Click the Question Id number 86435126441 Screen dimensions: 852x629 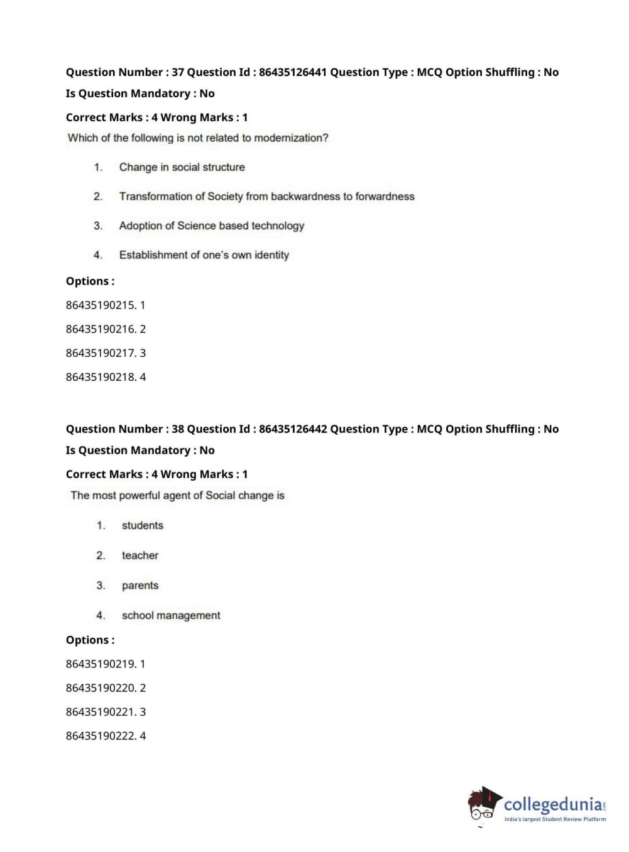[x=292, y=72]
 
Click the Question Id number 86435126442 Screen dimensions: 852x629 [x=292, y=429]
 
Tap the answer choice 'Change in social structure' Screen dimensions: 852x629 [x=182, y=167]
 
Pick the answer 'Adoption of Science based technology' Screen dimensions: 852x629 [x=211, y=226]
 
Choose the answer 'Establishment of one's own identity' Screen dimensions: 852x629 [x=204, y=255]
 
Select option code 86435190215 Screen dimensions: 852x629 [x=101, y=305]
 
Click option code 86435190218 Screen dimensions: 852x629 [x=101, y=377]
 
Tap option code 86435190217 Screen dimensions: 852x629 [x=101, y=353]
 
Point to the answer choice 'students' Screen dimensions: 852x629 [x=142, y=526]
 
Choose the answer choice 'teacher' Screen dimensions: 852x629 [x=139, y=555]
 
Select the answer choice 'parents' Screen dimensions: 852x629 [x=139, y=586]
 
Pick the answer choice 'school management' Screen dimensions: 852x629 [x=170, y=616]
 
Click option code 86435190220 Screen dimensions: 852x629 [x=101, y=688]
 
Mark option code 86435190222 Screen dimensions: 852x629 [x=101, y=736]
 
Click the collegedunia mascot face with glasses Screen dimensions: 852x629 [x=483, y=807]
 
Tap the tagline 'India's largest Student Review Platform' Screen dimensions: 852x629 [x=555, y=819]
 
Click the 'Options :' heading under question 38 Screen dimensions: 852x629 [x=90, y=640]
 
